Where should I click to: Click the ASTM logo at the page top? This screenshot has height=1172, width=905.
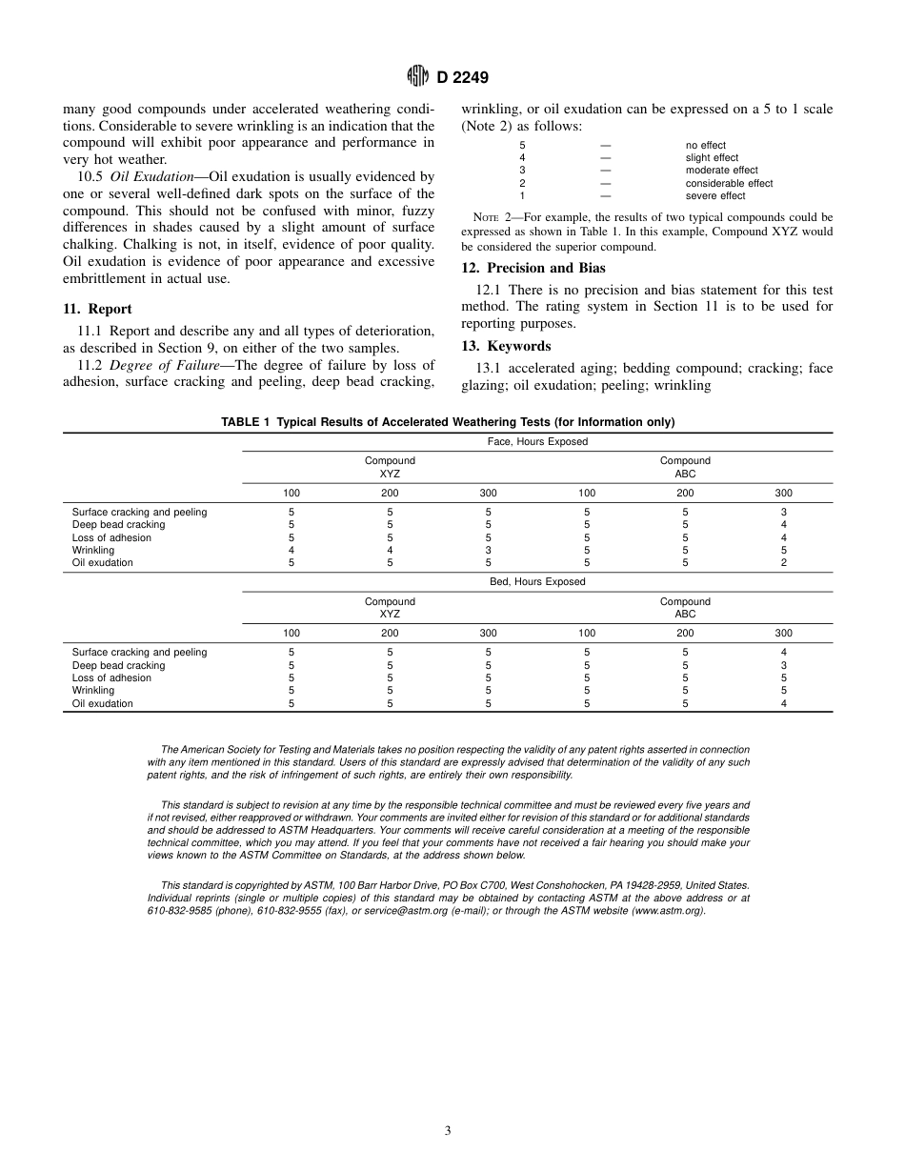[416, 77]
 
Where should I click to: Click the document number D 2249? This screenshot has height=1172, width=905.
[464, 78]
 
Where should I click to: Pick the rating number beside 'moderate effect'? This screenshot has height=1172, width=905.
[522, 171]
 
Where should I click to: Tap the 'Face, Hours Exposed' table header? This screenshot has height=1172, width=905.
[537, 442]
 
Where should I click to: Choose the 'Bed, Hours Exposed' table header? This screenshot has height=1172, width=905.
[537, 582]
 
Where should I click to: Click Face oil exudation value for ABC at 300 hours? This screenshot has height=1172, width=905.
[783, 563]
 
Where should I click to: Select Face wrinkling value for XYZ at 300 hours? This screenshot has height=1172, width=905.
[488, 551]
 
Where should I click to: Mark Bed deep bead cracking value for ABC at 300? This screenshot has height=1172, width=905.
[783, 665]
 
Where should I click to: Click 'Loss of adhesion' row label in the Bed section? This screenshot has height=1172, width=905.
[111, 678]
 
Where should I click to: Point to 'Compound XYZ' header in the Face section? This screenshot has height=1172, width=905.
[390, 467]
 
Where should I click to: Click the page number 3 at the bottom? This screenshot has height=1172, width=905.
[448, 1131]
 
